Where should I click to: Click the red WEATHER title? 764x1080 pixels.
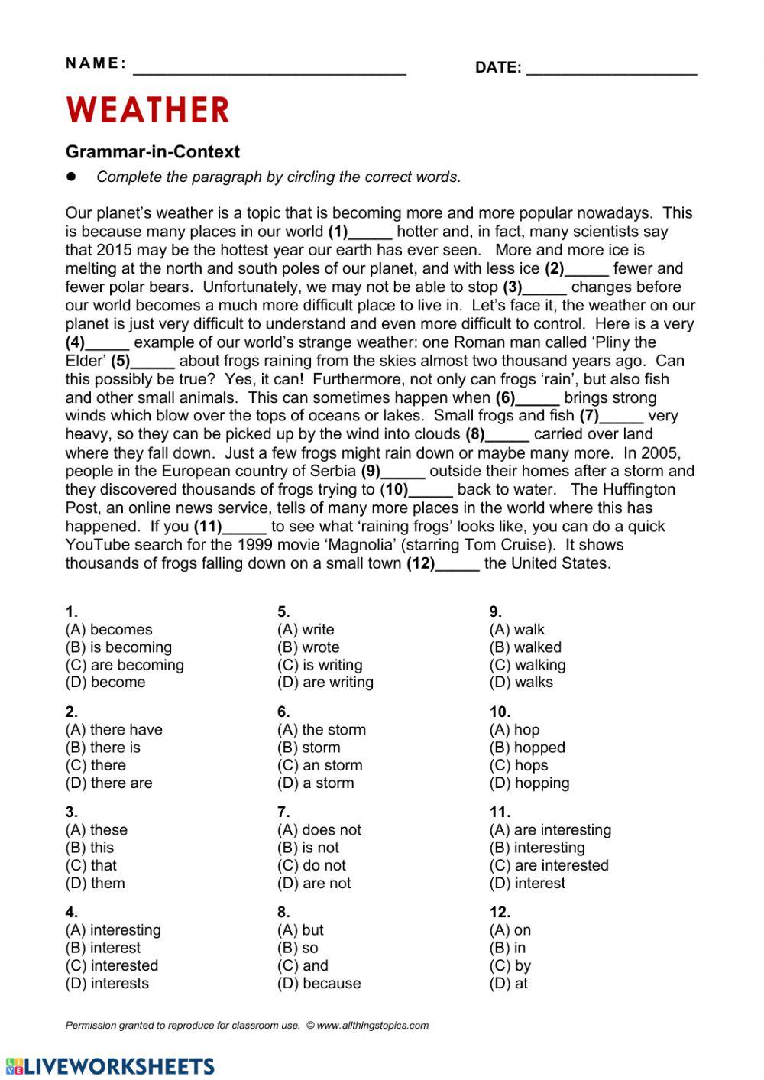pos(147,110)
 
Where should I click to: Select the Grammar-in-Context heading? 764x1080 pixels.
pos(152,151)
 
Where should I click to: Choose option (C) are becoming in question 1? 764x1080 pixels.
pos(125,665)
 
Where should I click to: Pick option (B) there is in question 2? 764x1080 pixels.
pos(103,748)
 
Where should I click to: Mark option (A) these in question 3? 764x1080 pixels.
pos(96,830)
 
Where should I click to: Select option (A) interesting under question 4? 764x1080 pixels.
pos(113,930)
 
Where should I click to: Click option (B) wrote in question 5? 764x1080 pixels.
pos(308,647)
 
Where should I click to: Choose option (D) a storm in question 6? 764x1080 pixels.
pos(316,783)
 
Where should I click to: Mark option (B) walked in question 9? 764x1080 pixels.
pos(525,647)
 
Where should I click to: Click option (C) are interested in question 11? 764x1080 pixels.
pos(549,865)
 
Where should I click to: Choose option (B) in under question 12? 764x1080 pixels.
pos(507,948)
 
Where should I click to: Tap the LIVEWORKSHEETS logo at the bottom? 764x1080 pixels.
pos(109,1065)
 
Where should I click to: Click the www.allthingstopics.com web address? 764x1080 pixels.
pos(372,1026)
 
